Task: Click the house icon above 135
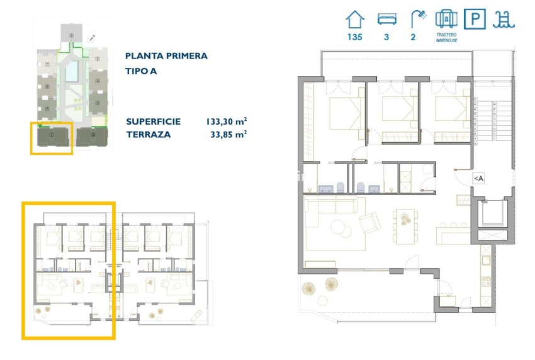[x=355, y=19]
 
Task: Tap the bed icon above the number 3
[x=386, y=19]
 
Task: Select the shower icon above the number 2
[x=415, y=19]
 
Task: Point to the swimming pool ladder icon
[x=504, y=19]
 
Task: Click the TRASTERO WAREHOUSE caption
[x=446, y=37]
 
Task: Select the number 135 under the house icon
[x=355, y=37]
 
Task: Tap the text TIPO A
[x=141, y=71]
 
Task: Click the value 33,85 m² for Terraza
[x=228, y=134]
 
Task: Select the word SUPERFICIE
[x=153, y=121]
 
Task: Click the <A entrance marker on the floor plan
[x=478, y=179]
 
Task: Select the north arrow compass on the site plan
[x=92, y=38]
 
